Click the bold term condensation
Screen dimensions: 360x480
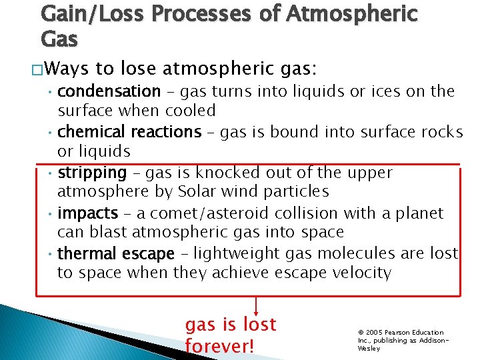coord(109,91)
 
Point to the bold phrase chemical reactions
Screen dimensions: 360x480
coord(129,132)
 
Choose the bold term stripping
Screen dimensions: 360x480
coord(92,173)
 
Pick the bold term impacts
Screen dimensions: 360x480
coord(87,213)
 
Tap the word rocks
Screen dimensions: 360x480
coord(440,132)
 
